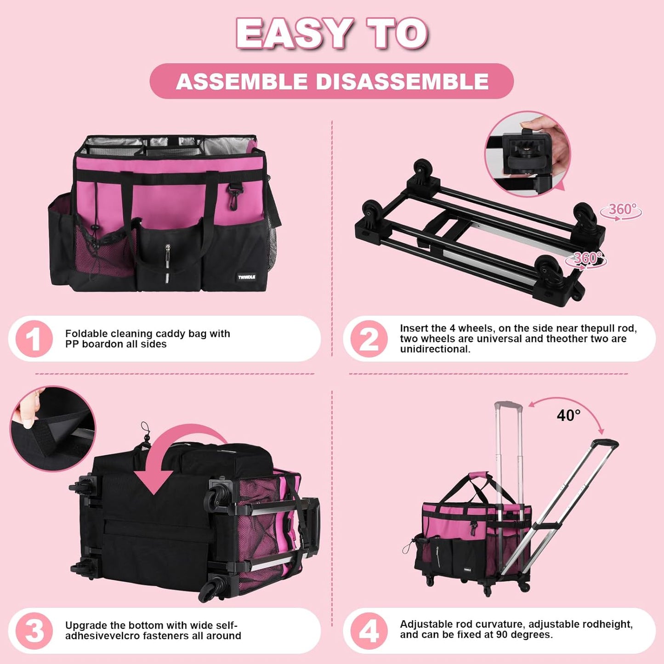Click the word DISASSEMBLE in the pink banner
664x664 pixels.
pyautogui.click(x=402, y=82)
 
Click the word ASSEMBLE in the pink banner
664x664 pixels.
pyautogui.click(x=242, y=82)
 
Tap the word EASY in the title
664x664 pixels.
pyautogui.click(x=295, y=33)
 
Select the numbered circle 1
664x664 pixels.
pyautogui.click(x=34, y=339)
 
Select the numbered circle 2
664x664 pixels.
pyautogui.click(x=369, y=339)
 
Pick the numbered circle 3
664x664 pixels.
pyautogui.click(x=34, y=631)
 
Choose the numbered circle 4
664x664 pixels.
pyautogui.click(x=369, y=631)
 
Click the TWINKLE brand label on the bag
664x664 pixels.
pyautogui.click(x=246, y=277)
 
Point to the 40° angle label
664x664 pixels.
pyautogui.click(x=568, y=415)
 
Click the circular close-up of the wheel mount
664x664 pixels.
pyautogui.click(x=528, y=154)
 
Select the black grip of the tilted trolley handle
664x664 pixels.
pyautogui.click(x=605, y=443)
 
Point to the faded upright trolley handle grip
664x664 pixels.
pyautogui.click(x=508, y=407)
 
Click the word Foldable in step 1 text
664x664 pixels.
pyautogui.click(x=86, y=334)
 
